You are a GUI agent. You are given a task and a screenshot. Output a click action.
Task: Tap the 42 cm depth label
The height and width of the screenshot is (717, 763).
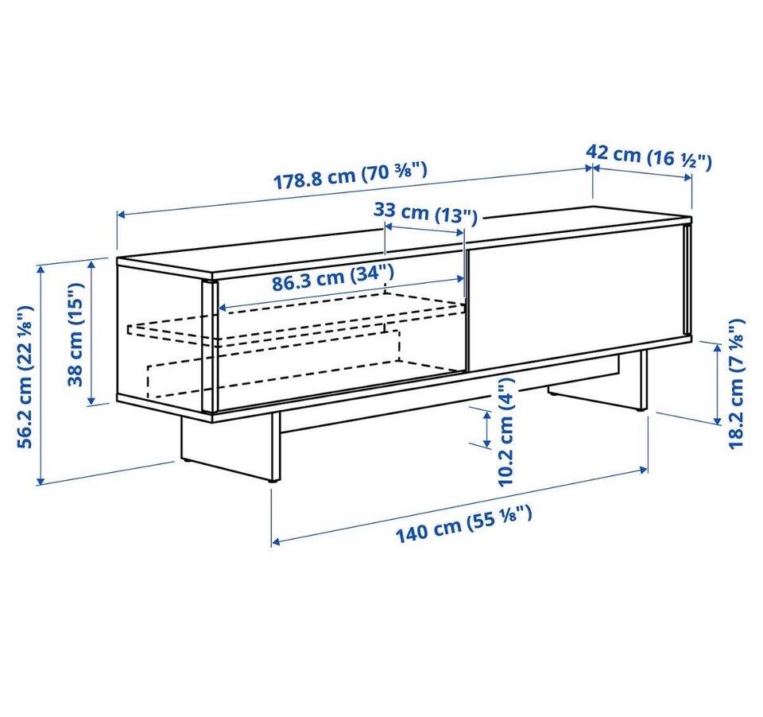pyautogui.click(x=649, y=157)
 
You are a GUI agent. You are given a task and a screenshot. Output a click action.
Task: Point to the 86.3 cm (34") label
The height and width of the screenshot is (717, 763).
pyautogui.click(x=332, y=278)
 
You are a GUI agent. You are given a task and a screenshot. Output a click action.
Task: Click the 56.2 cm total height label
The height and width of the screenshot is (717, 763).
pyautogui.click(x=25, y=377)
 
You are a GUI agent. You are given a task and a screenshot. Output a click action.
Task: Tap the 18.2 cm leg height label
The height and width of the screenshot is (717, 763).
pyautogui.click(x=736, y=384)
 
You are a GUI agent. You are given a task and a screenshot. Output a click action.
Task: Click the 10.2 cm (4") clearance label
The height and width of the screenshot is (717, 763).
pyautogui.click(x=505, y=432)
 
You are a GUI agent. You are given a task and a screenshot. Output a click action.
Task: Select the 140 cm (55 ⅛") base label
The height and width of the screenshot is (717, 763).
pyautogui.click(x=463, y=524)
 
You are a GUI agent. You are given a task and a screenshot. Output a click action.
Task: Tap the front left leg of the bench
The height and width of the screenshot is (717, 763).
pyautogui.click(x=276, y=447)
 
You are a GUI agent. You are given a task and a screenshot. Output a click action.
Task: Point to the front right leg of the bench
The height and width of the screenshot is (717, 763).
pyautogui.click(x=643, y=380)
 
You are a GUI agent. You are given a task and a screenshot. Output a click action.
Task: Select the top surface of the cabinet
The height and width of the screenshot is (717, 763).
pyautogui.click(x=404, y=239)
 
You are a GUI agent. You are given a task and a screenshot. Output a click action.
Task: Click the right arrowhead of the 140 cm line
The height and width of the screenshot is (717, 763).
pyautogui.click(x=643, y=470)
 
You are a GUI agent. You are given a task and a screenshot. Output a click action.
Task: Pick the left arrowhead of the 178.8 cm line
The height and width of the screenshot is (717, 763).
pyautogui.click(x=122, y=215)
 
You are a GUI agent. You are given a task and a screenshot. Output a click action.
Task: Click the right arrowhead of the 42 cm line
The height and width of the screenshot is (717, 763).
pyautogui.click(x=687, y=177)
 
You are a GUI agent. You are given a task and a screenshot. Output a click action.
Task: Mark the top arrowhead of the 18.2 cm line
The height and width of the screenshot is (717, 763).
pyautogui.click(x=717, y=346)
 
